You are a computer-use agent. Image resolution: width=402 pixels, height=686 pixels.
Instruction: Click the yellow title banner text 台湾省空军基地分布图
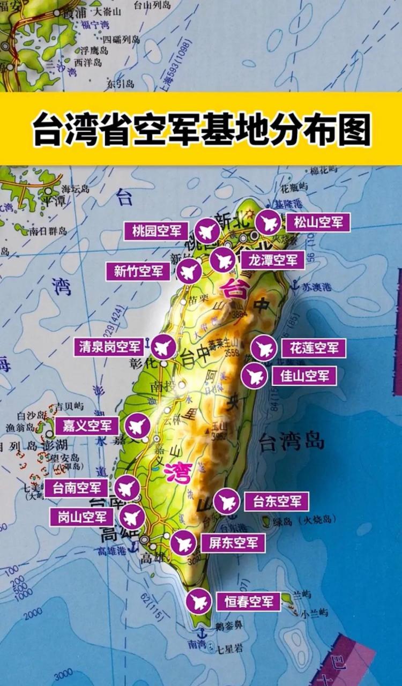(x=201, y=129)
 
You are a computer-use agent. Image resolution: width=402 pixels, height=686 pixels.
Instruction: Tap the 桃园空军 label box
(x=157, y=232)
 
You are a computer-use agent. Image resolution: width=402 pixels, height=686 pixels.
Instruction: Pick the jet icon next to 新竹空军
(x=189, y=272)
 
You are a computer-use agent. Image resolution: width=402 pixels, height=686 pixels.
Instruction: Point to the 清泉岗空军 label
(x=109, y=347)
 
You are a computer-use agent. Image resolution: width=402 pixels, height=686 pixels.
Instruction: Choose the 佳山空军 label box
(x=304, y=376)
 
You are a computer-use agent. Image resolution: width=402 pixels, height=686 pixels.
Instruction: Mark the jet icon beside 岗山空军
(x=131, y=518)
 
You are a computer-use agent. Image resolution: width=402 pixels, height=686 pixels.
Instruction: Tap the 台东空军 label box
(x=277, y=502)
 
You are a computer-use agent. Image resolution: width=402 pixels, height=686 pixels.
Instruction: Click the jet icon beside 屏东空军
(x=183, y=543)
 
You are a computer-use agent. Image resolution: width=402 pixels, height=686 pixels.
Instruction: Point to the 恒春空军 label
(x=249, y=601)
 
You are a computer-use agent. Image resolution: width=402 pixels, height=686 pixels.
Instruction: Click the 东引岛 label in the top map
(x=116, y=84)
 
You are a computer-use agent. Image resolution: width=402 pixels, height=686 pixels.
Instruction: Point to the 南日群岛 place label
(x=49, y=231)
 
